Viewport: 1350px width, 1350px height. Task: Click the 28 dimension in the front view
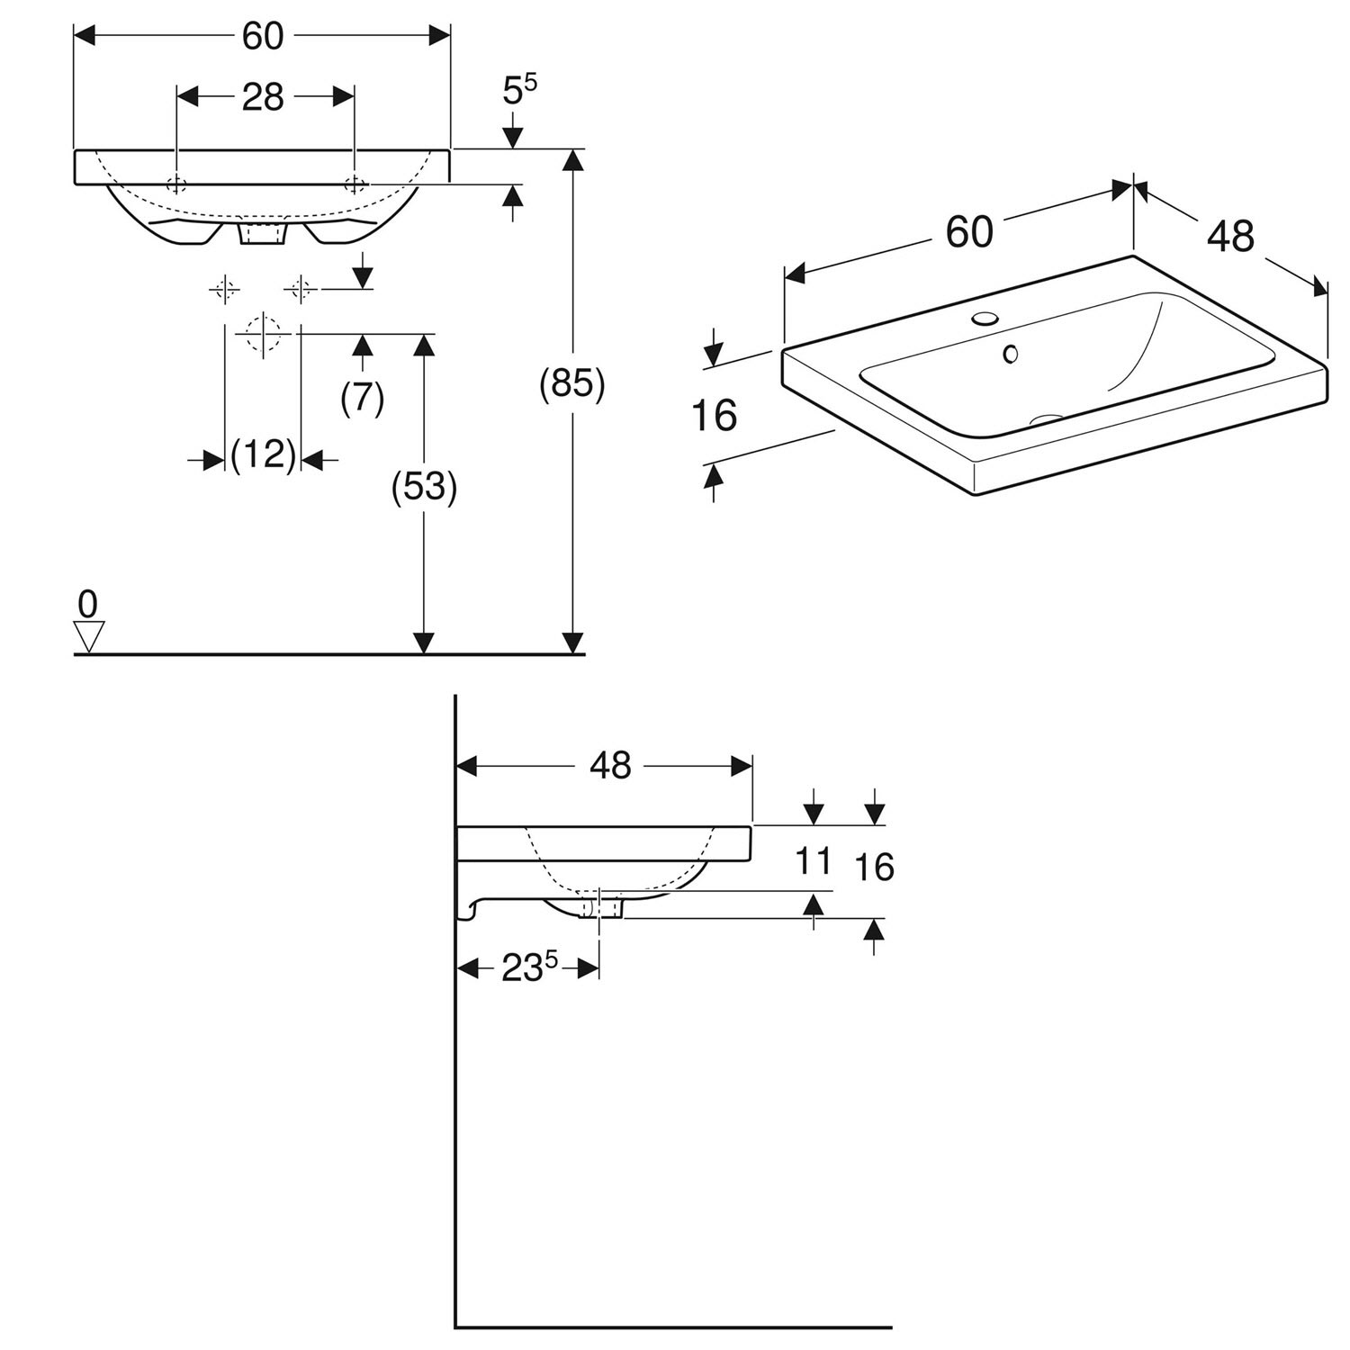(x=263, y=97)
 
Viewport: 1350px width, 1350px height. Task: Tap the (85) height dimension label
(x=571, y=385)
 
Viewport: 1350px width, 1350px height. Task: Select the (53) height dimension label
(x=424, y=487)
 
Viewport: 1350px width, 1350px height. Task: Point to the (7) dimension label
(x=363, y=397)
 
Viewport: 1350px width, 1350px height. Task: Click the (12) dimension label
(x=263, y=455)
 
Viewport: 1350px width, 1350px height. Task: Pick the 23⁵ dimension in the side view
(x=529, y=968)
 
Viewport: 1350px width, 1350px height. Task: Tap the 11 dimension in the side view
(x=814, y=861)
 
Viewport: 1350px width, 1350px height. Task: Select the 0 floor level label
(x=87, y=604)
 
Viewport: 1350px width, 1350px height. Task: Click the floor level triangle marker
(x=88, y=635)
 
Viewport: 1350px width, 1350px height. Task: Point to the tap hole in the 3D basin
(x=986, y=319)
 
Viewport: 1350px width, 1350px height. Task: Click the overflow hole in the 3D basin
(x=1011, y=355)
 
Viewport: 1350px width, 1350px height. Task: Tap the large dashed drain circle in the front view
(x=263, y=333)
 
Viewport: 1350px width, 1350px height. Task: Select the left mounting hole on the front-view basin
(x=177, y=184)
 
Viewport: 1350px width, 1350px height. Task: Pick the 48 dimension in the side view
(x=610, y=765)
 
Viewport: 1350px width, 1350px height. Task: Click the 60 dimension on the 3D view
(x=969, y=232)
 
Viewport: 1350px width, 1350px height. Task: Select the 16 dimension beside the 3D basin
(x=715, y=416)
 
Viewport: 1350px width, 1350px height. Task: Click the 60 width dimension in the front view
(x=263, y=36)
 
